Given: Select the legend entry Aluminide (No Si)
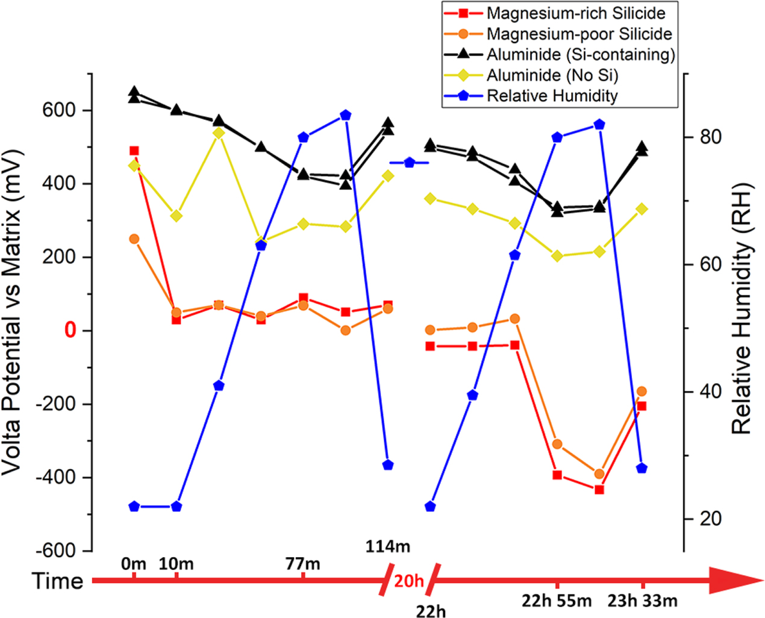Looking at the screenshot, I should (x=552, y=75).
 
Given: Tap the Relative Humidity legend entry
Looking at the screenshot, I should (x=552, y=96).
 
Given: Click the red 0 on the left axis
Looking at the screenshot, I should (x=71, y=331).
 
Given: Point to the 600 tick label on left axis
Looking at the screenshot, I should (x=59, y=110).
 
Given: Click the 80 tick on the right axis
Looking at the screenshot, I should (x=710, y=137).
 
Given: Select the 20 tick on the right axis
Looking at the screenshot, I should (x=710, y=519).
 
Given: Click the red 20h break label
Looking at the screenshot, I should (x=409, y=581).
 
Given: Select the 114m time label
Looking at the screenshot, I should (x=387, y=547).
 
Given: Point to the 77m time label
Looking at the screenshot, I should (x=303, y=564).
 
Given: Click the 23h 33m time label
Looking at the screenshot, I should (x=642, y=601).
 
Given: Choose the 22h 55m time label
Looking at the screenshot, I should (x=557, y=601).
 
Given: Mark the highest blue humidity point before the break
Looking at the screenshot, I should (x=345, y=115).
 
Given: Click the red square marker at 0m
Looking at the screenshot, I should (x=134, y=151).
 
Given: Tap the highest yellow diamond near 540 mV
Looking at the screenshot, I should (x=219, y=133).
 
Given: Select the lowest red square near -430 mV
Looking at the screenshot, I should (x=599, y=490).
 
